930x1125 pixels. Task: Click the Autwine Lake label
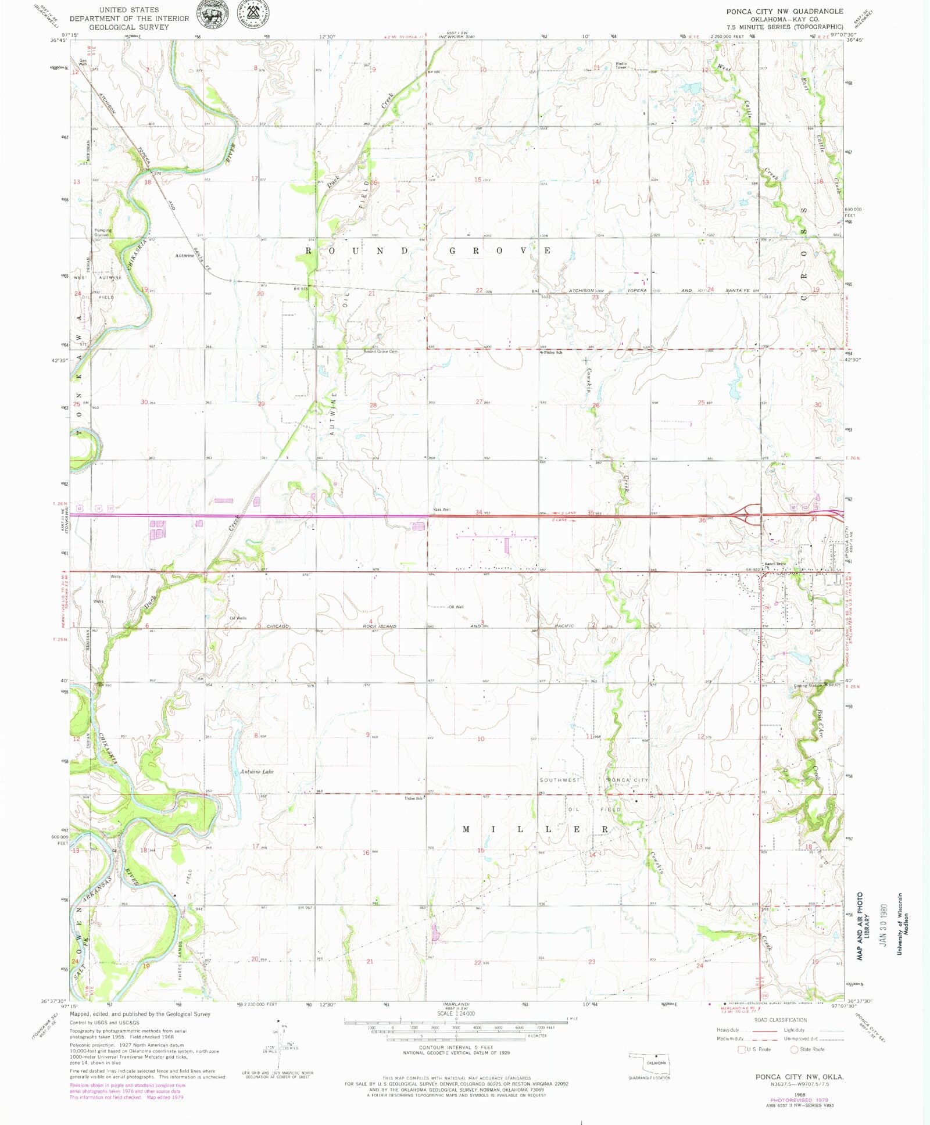coord(256,772)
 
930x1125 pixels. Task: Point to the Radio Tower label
coord(621,65)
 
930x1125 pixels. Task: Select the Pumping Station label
coord(102,232)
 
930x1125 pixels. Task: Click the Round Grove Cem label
coord(381,352)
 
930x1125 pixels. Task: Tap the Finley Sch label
coord(553,352)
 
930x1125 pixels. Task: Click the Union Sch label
coord(413,798)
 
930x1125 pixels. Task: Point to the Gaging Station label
coord(809,685)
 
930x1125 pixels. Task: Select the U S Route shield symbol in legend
coord(741,1049)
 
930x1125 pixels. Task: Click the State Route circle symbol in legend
coord(794,1049)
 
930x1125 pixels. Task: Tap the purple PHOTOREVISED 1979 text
coord(799,1100)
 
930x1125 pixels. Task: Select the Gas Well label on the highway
coord(442,510)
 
